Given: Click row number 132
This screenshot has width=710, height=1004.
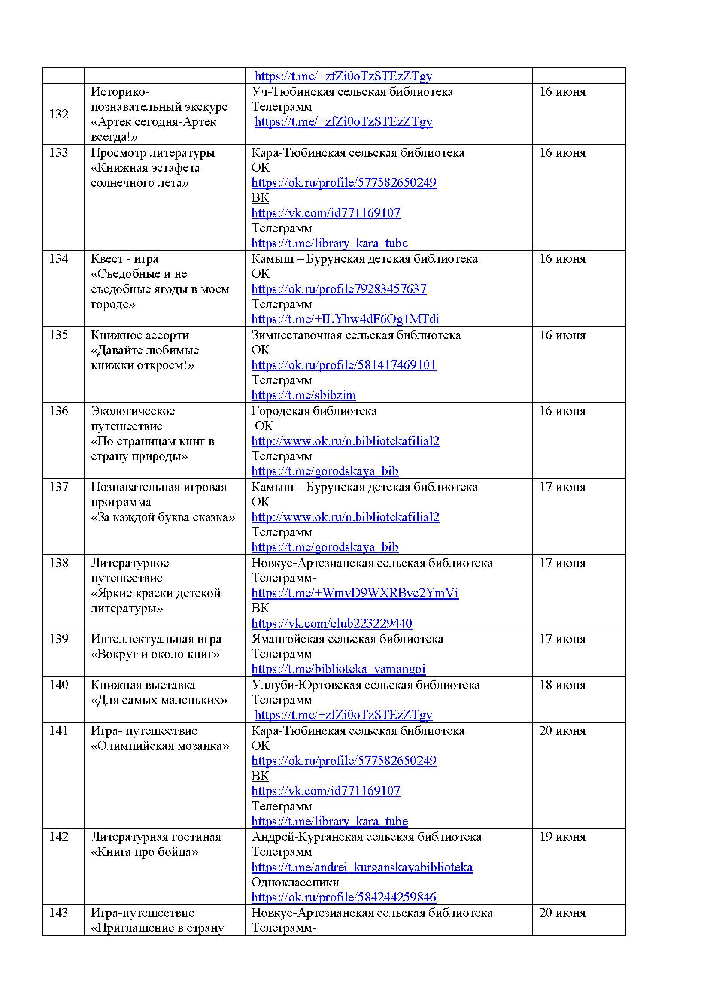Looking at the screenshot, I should click(58, 114).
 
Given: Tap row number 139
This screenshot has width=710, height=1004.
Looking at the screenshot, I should click(58, 639).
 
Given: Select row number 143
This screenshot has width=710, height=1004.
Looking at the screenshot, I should click(58, 913).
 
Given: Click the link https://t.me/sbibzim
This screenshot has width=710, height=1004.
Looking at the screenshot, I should click(303, 395).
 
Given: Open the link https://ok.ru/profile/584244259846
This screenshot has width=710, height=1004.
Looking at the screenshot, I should click(344, 897).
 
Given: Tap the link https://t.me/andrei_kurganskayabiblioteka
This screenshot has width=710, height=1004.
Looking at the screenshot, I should click(361, 867).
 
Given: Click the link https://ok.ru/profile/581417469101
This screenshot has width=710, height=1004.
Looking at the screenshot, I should click(344, 365).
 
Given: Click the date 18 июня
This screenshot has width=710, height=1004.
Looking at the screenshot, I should click(562, 685).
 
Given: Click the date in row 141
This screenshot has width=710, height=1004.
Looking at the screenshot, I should click(562, 731).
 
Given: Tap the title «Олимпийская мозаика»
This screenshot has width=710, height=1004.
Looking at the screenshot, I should click(160, 746).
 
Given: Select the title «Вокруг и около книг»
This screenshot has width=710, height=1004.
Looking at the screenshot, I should click(155, 654).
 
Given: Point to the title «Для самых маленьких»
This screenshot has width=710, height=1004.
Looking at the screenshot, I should click(159, 700).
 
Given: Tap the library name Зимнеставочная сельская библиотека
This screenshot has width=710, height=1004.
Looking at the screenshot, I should click(356, 335).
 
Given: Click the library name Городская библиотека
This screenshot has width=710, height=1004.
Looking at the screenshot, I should click(314, 411).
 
